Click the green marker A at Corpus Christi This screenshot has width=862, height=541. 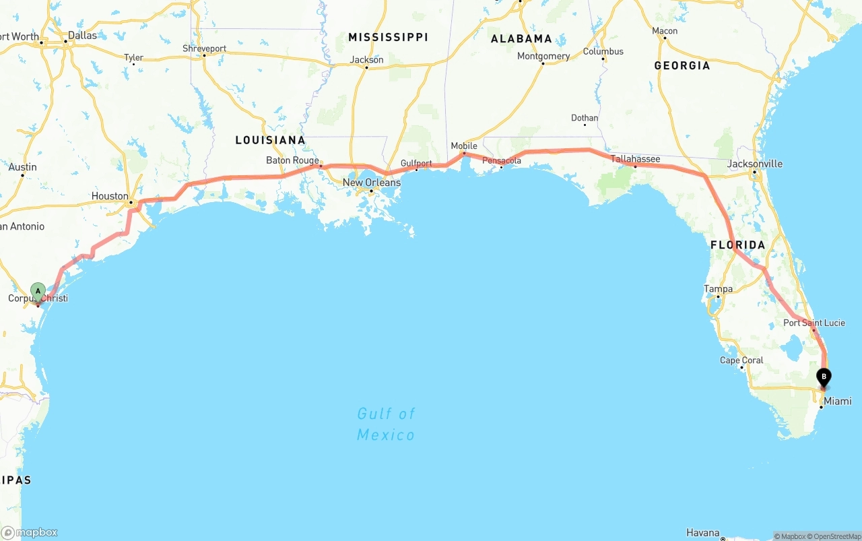38,292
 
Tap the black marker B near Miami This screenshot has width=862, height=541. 824,378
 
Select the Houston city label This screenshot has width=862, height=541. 110,196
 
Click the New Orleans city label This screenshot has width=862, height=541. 371,183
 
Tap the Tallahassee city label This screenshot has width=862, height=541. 635,159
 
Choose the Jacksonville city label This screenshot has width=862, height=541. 754,164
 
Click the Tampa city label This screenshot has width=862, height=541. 718,289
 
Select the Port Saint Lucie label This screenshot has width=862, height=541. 814,323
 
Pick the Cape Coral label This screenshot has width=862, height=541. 741,360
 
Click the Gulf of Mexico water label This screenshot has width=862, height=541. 386,424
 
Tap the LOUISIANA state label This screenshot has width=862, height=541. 270,140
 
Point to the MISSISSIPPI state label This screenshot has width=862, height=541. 388,37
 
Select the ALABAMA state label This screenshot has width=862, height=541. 521,39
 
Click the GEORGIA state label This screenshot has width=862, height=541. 682,65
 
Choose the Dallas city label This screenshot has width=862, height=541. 82,35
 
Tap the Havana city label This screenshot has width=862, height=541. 702,533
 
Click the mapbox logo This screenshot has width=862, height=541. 30,532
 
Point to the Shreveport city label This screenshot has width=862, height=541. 204,49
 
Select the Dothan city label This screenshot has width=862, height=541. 584,118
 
